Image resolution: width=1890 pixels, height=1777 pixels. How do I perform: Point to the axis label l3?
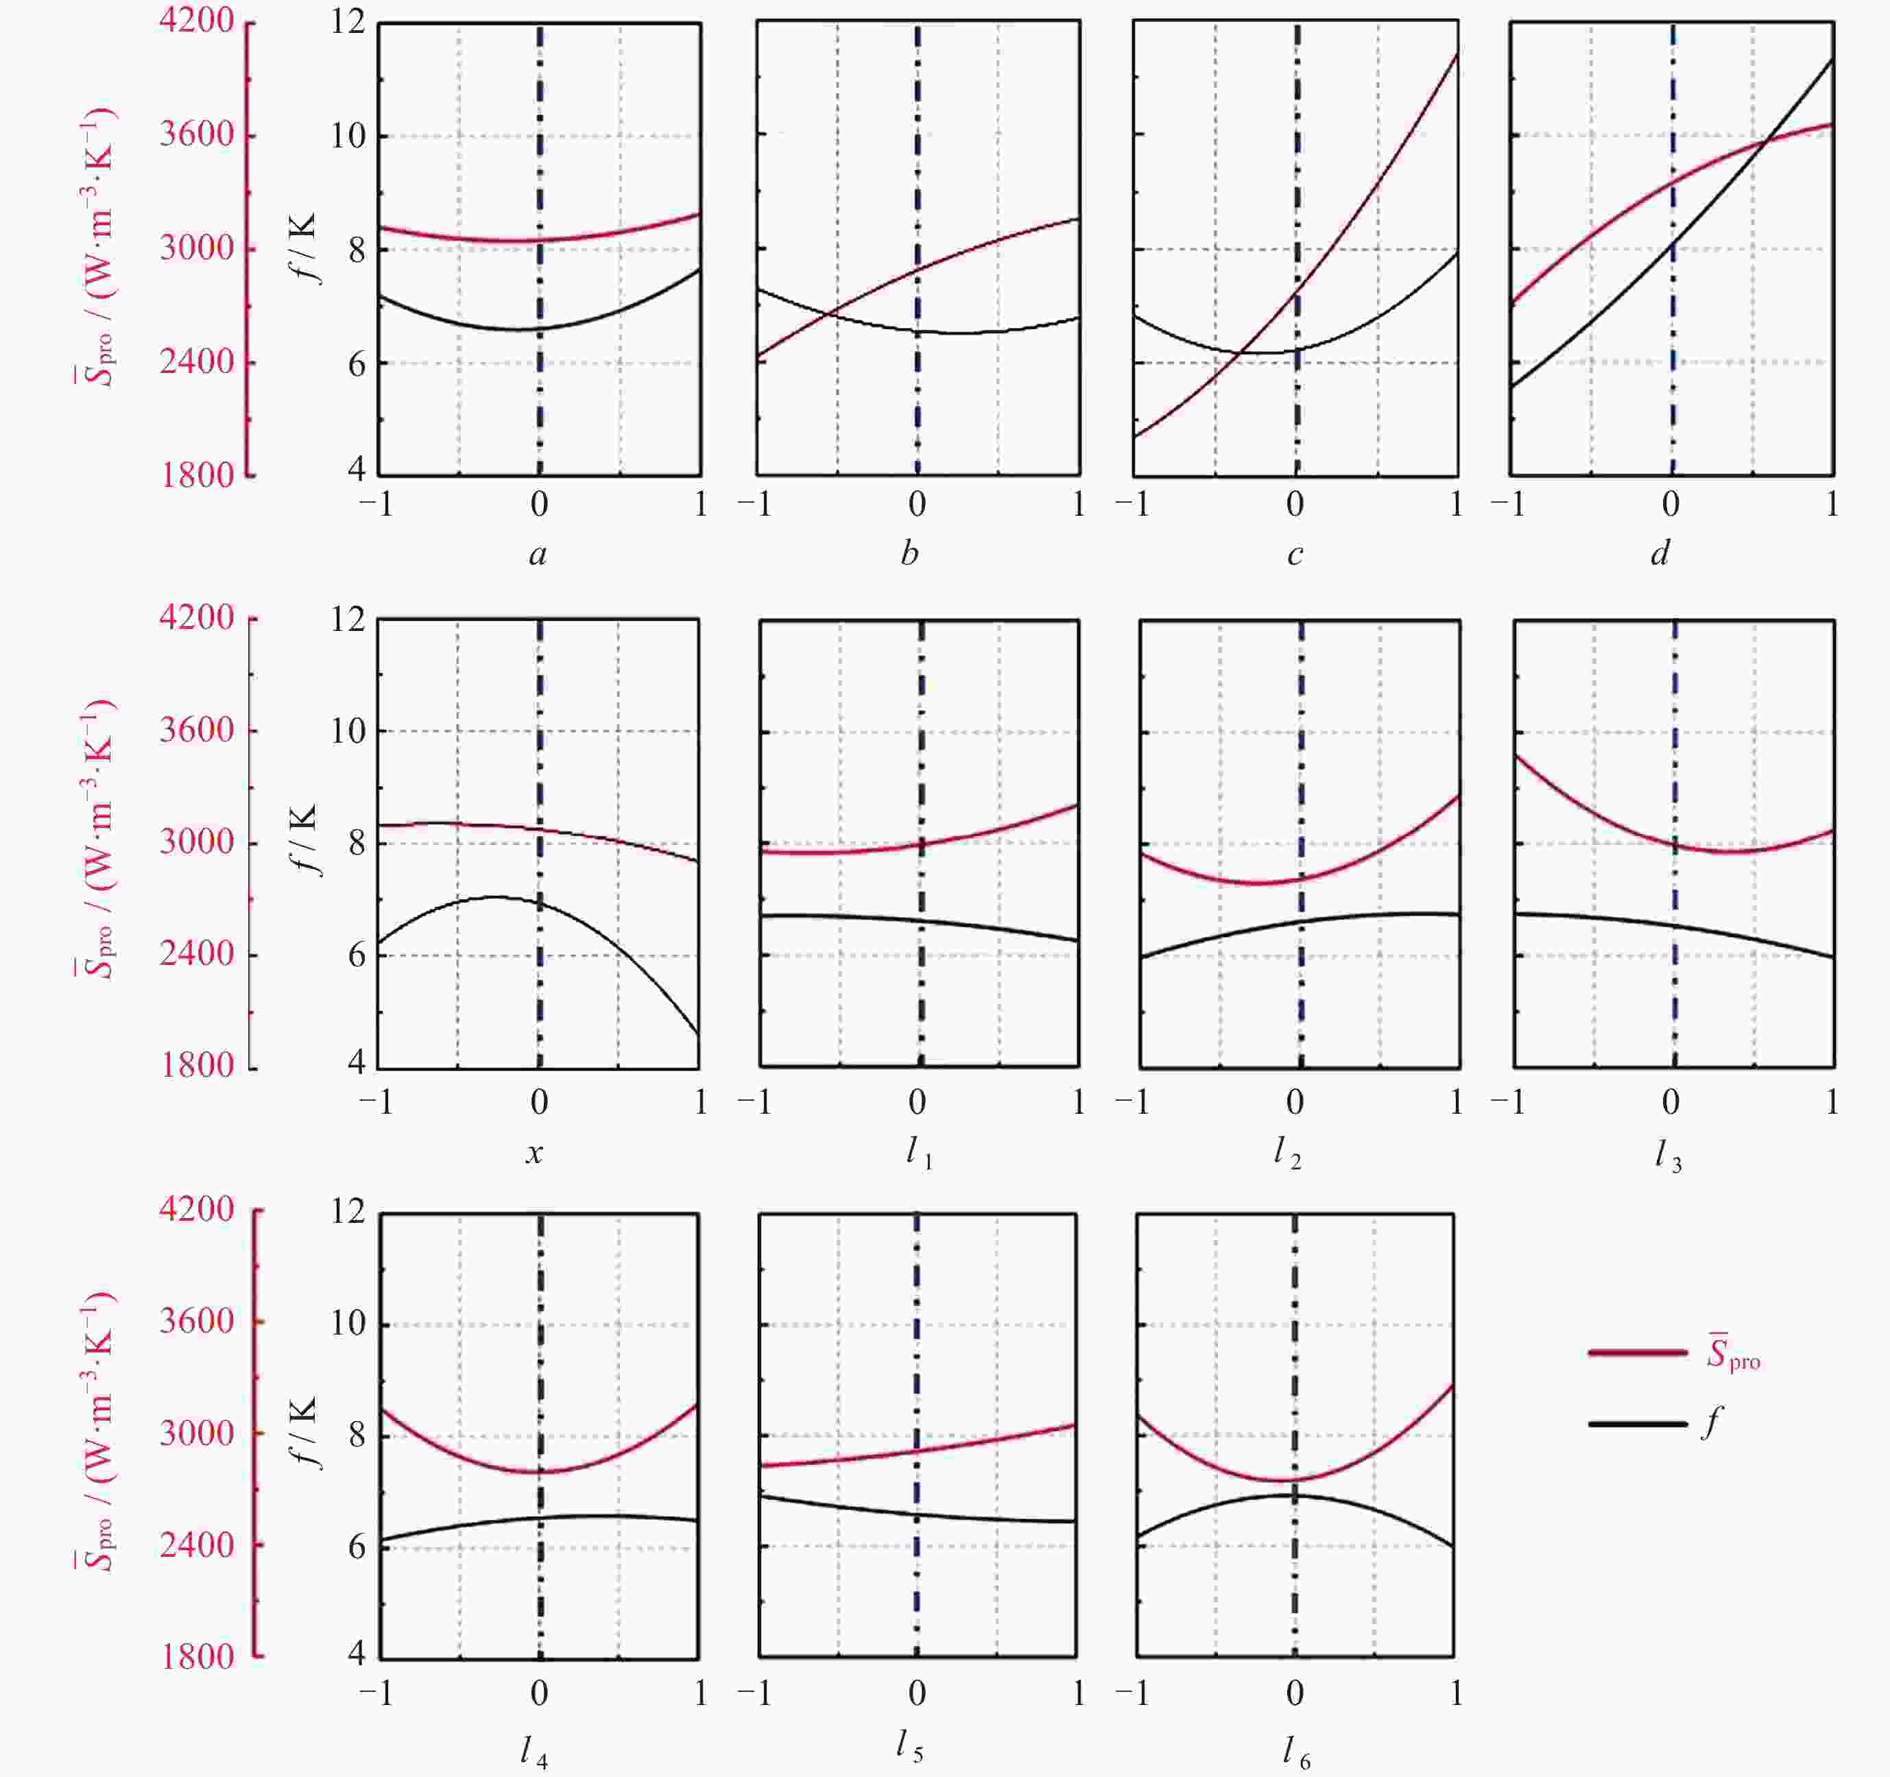1668,1155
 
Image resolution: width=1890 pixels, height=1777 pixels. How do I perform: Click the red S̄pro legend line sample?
1637,1352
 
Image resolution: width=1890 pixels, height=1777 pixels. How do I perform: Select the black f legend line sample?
1637,1423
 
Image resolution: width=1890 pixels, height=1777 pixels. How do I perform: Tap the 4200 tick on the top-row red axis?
197,21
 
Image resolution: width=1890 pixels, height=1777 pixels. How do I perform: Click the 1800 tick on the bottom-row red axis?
197,1656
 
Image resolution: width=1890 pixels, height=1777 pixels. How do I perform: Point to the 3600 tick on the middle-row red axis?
197,730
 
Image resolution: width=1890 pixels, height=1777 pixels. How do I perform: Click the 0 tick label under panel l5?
916,1693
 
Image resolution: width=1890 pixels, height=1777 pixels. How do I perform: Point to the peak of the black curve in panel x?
497,896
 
